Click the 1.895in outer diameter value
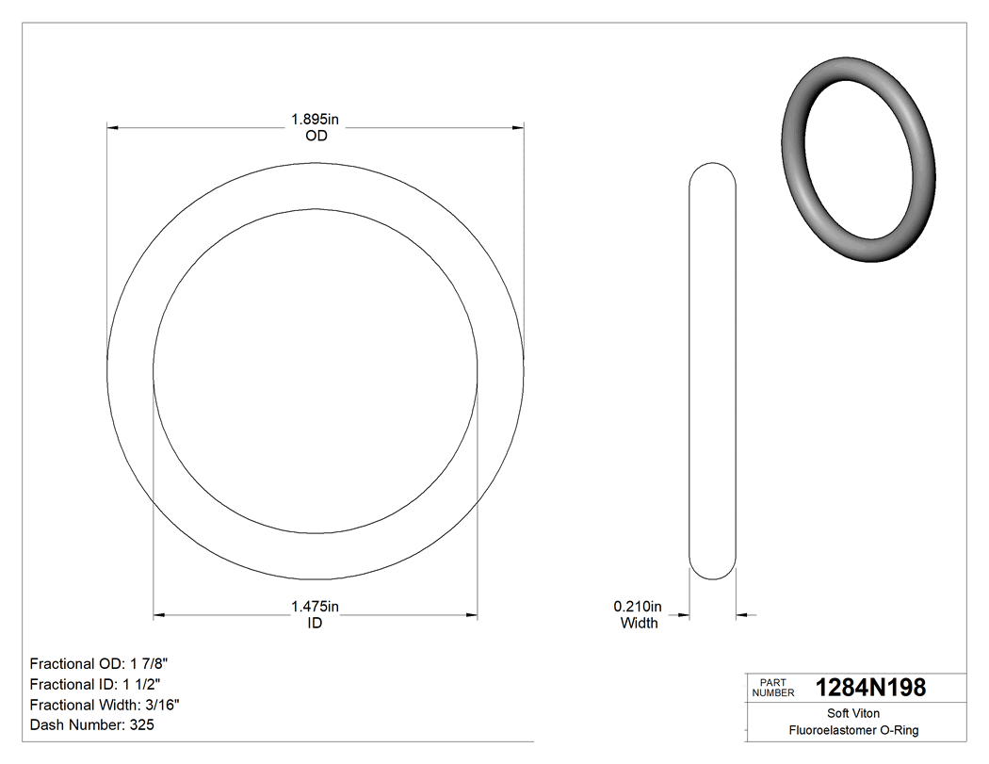[315, 120]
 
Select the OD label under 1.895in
[316, 136]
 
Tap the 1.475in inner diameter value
[315, 607]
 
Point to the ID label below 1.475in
[315, 624]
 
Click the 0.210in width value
[638, 606]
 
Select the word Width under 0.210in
[639, 623]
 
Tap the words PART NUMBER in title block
[772, 688]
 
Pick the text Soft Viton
[853, 713]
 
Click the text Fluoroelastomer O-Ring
[853, 730]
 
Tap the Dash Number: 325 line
[92, 725]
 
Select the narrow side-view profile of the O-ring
[712, 371]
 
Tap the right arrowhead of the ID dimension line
[472, 616]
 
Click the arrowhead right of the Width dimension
[741, 616]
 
